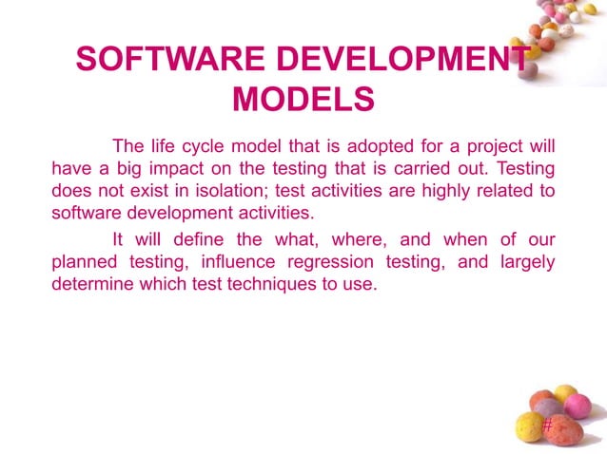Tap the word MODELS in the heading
click(303, 100)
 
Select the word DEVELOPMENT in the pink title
click(392, 60)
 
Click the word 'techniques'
click(284, 284)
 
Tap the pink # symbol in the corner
click(546, 427)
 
